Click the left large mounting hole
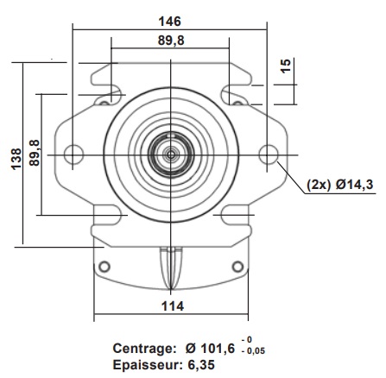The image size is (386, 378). tap(74, 154)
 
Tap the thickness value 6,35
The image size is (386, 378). tap(199, 365)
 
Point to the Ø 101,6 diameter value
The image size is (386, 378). tap(212, 350)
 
